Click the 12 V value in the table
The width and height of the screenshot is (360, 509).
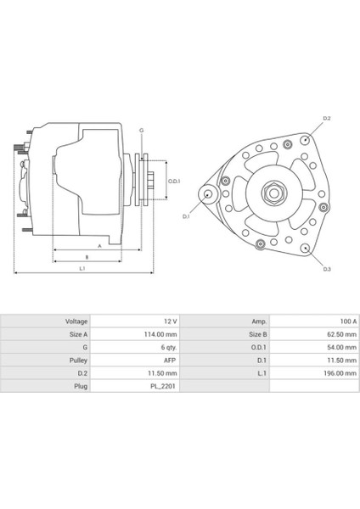(x=169, y=322)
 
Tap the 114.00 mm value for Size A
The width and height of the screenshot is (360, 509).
(x=161, y=334)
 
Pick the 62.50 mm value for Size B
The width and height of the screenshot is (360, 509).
(x=334, y=334)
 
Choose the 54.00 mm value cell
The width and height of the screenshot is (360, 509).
(x=334, y=347)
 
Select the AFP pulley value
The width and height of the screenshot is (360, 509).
(x=169, y=360)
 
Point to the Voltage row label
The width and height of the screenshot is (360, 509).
(x=76, y=322)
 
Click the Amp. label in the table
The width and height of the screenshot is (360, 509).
(x=259, y=322)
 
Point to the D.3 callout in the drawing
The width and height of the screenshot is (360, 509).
(x=326, y=270)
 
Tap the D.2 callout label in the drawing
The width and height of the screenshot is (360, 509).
(x=326, y=118)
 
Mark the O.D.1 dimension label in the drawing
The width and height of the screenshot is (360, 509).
(x=173, y=180)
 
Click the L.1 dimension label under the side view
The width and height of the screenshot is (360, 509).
(x=82, y=269)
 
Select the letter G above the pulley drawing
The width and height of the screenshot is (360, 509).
(x=141, y=130)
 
